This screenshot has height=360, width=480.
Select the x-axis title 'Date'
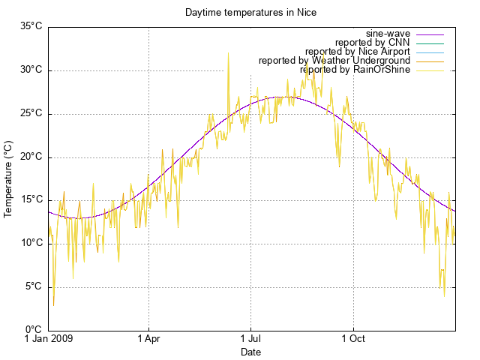[x=250, y=352]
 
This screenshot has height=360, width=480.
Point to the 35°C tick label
[x=31, y=27]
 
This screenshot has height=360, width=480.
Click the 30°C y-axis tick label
[x=31, y=70]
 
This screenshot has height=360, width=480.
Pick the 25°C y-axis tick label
[x=31, y=114]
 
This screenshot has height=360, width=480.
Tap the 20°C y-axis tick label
[x=31, y=157]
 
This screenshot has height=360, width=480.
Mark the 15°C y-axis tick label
[x=31, y=200]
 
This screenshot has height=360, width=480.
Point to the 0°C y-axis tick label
[x=33, y=330]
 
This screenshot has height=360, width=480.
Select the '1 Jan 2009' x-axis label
[x=49, y=339]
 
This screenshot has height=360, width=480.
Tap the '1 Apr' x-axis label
[x=148, y=339]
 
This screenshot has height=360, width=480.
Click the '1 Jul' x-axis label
[x=250, y=339]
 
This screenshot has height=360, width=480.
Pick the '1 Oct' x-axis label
[x=352, y=339]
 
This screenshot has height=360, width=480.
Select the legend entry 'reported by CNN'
[x=373, y=43]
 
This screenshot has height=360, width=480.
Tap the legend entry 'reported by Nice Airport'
[x=358, y=52]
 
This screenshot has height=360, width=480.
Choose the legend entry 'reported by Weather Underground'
[x=334, y=61]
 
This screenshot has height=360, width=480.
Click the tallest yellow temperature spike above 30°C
[x=228, y=53]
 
